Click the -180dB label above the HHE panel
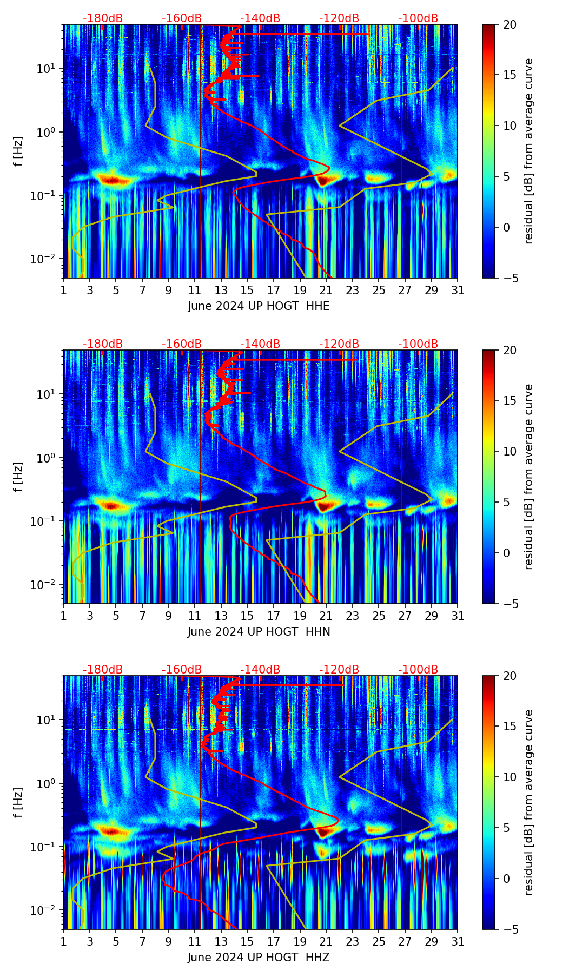103,18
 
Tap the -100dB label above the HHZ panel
418,670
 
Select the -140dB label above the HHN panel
260,344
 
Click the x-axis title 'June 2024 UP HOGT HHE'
259,306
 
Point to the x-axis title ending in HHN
259,632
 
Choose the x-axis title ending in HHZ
259,958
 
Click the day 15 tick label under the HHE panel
247,291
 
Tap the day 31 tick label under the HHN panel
458,616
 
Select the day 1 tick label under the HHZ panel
64,942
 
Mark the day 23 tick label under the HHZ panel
353,942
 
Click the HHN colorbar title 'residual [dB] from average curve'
529,477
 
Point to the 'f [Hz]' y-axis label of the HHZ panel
19,802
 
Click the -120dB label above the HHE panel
339,18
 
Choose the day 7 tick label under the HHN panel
142,616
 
